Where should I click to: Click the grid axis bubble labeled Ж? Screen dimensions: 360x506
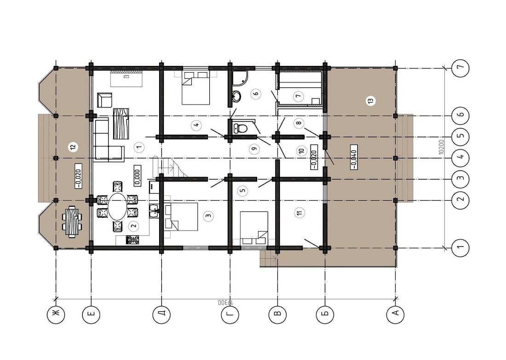56,315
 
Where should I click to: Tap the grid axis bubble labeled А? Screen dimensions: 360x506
395,315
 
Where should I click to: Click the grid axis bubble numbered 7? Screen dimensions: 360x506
460,68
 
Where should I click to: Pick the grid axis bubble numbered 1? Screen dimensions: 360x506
460,249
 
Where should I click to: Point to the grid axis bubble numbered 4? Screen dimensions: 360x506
460,158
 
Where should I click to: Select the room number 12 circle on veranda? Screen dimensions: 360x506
72,147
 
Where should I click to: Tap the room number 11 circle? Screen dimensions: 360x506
299,213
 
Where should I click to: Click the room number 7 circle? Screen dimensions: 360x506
298,96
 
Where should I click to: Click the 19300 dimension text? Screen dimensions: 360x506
224,303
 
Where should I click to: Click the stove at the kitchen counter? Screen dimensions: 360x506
133,240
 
